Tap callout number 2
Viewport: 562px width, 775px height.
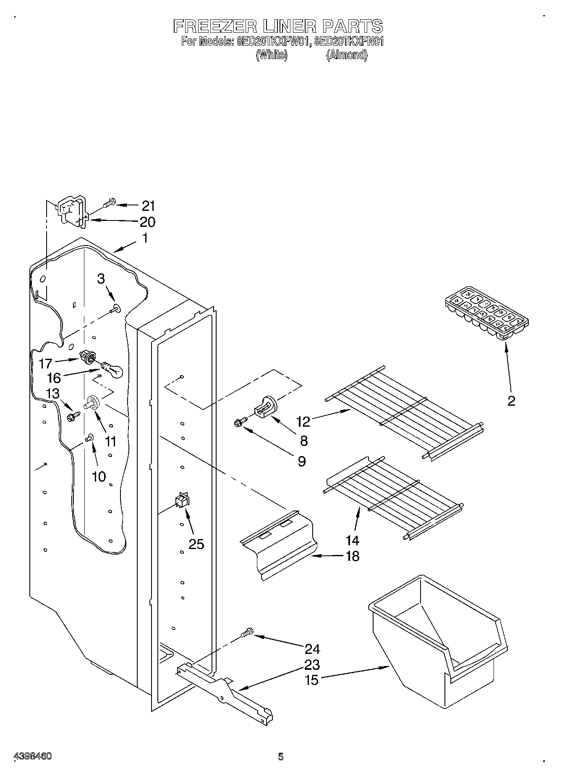click(x=511, y=401)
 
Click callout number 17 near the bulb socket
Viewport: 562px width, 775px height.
click(x=46, y=363)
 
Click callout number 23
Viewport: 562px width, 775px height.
click(x=312, y=664)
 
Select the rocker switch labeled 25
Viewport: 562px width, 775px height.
click(x=182, y=500)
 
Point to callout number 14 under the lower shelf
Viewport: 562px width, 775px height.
click(x=352, y=540)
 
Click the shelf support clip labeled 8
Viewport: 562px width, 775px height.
click(x=266, y=407)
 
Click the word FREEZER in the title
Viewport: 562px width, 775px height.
click(x=214, y=26)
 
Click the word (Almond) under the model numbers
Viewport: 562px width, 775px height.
click(x=347, y=55)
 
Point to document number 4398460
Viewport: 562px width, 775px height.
click(x=33, y=756)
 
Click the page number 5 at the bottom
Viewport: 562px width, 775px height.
click(x=280, y=756)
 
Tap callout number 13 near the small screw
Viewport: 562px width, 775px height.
click(x=53, y=394)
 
